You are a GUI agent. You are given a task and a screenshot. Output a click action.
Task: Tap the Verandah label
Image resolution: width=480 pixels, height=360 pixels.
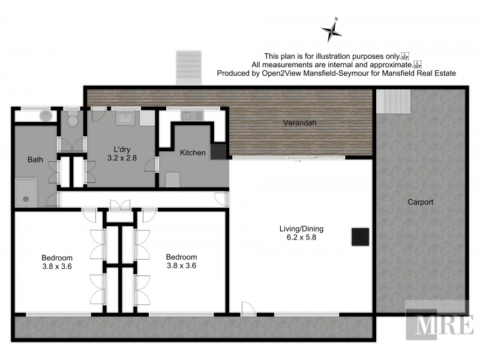coord(299,123)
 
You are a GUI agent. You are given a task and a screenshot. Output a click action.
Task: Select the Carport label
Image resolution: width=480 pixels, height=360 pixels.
coord(420,202)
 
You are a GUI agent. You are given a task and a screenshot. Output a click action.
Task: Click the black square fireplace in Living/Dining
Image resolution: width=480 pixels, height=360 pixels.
coord(359,237)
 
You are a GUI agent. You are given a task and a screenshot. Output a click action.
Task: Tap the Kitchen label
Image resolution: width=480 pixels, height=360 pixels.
coord(193,153)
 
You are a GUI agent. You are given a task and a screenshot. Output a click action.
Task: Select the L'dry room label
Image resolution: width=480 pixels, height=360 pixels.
coord(123,149)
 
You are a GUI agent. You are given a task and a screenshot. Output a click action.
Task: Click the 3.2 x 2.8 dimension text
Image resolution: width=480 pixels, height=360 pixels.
coord(122,158)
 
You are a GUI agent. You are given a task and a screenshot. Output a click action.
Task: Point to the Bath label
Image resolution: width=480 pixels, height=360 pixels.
coord(35,160)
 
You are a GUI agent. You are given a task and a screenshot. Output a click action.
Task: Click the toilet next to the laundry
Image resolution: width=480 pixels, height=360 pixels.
coord(72,121)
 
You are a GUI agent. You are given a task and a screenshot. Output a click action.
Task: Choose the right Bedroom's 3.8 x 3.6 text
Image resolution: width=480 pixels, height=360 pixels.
coord(181,265)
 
